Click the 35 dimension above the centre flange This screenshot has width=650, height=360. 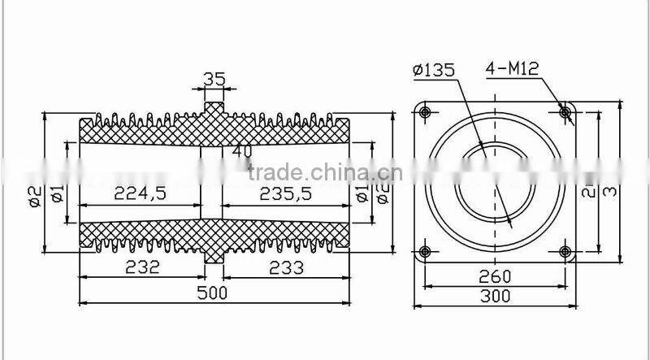(213, 80)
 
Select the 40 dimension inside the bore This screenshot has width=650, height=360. (242, 150)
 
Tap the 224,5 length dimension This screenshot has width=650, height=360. (141, 193)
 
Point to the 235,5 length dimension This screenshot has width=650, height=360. (288, 193)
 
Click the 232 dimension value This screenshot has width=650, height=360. (144, 267)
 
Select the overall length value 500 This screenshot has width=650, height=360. (214, 292)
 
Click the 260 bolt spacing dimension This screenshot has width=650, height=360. (495, 276)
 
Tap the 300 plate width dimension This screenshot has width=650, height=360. (495, 297)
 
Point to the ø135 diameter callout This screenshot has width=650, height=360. (435, 70)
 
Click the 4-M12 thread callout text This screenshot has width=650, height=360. (513, 69)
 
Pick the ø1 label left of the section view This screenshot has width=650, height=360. (56, 194)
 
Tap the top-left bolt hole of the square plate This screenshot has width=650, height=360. (425, 111)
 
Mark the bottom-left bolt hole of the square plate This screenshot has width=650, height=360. (425, 251)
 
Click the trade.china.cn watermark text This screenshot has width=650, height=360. (320, 172)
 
